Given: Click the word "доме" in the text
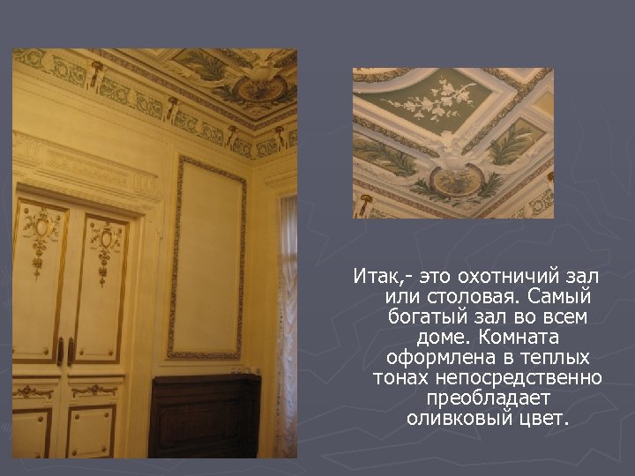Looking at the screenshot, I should point(441,337).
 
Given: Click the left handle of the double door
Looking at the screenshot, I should point(60,351).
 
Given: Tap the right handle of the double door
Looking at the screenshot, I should point(71,351).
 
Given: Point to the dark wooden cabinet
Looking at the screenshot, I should point(205,414).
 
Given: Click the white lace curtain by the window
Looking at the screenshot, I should point(286,335).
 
